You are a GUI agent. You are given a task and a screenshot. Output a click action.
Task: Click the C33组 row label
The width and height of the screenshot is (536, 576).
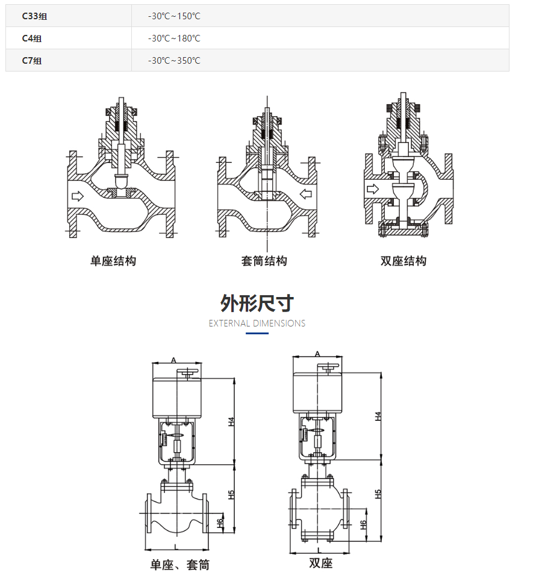(x=34, y=16)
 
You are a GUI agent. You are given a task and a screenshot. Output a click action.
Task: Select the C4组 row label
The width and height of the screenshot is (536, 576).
(x=32, y=38)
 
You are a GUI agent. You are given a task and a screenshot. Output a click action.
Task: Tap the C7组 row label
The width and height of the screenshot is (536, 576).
(x=32, y=61)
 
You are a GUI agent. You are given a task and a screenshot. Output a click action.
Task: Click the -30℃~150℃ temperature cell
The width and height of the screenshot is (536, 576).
(x=174, y=16)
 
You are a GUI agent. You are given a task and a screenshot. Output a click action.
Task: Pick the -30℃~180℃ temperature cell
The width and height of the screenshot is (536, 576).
(x=174, y=38)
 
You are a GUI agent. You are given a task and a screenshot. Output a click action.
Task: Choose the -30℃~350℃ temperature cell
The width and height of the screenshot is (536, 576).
(x=174, y=61)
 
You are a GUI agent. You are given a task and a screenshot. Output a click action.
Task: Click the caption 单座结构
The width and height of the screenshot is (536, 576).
(x=113, y=261)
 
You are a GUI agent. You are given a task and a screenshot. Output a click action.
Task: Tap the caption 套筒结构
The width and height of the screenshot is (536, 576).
(x=264, y=261)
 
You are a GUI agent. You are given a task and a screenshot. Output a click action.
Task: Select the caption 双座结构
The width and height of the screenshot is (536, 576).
(x=404, y=261)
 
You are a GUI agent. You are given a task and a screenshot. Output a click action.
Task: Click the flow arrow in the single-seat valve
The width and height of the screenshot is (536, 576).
(x=78, y=196)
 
